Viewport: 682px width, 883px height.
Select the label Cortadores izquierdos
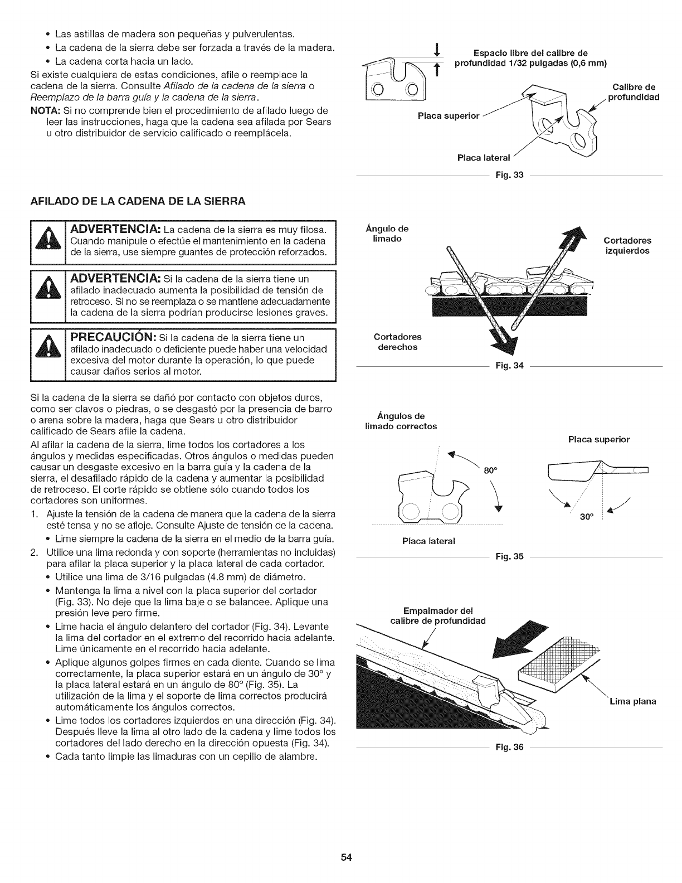(627, 246)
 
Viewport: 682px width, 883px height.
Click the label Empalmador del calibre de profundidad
(445, 615)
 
